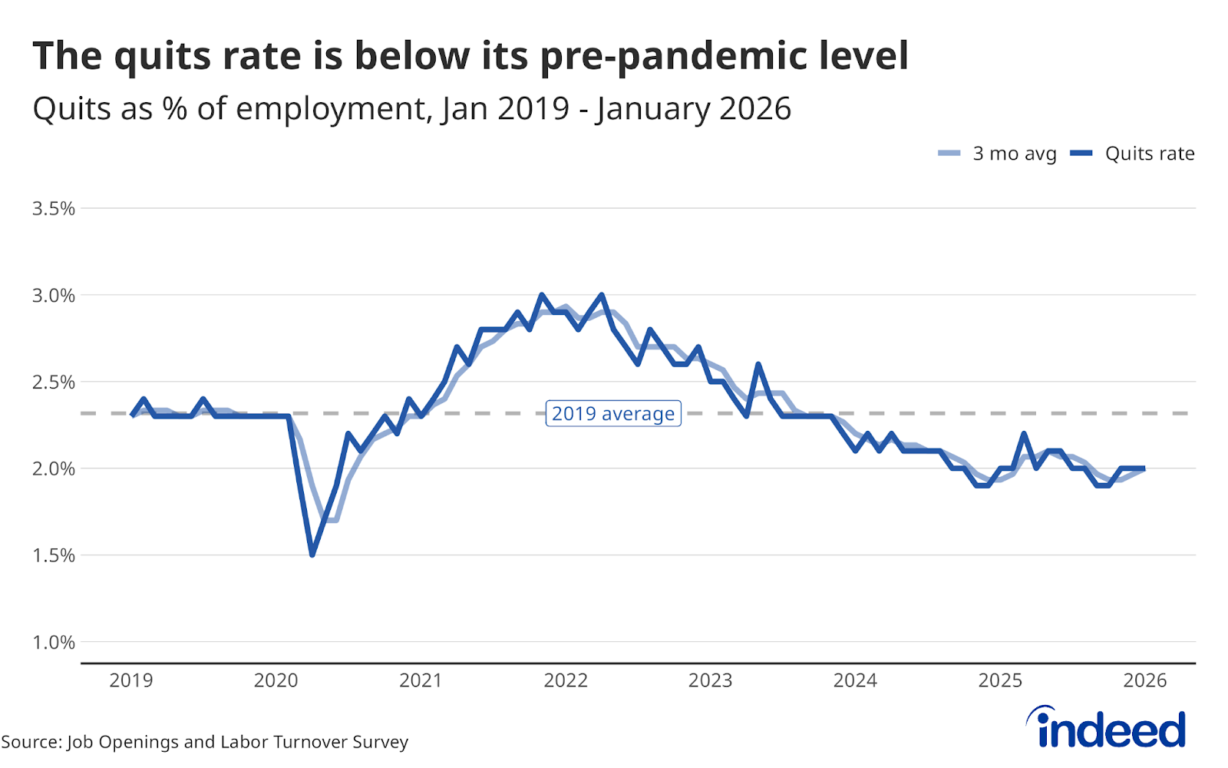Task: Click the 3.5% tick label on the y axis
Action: tap(53, 209)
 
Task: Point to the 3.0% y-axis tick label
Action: tap(53, 296)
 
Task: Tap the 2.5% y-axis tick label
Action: tap(53, 382)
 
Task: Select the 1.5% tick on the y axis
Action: tap(53, 555)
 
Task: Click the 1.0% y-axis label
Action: tap(53, 642)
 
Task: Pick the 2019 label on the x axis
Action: tap(131, 680)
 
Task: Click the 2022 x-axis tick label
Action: tap(566, 680)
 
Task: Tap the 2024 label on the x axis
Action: tap(855, 680)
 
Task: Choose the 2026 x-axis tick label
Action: tap(1144, 680)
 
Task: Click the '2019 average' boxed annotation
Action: tap(613, 413)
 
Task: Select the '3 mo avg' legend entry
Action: tap(998, 154)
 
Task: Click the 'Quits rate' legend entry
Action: tap(1134, 154)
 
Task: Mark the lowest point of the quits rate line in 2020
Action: tap(312, 554)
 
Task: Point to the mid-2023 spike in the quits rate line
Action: tap(758, 365)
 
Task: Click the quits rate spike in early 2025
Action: tap(1024, 434)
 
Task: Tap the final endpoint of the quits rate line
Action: tap(1144, 468)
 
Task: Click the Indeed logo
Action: tap(1107, 727)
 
